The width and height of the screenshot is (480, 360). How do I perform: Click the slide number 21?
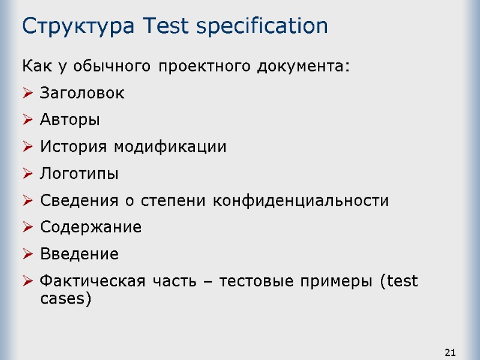tap(451, 352)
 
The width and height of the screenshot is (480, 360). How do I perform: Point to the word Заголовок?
tap(82, 94)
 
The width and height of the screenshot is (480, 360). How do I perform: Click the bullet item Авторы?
tap(70, 120)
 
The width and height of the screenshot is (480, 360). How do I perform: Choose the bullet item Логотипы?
tap(79, 174)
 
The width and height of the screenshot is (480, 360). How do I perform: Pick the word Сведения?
tap(76, 200)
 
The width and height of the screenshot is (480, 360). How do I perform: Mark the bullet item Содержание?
tap(91, 227)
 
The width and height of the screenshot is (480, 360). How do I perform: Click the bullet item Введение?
tap(79, 254)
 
